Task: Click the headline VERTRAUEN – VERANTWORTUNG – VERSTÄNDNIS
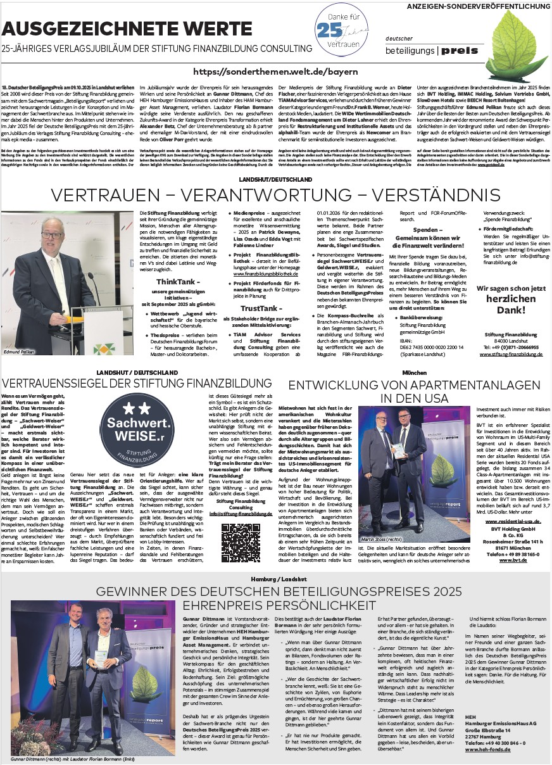[x=276, y=193]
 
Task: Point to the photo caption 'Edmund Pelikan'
[x=20, y=350]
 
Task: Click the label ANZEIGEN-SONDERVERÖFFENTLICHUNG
[x=479, y=6]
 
